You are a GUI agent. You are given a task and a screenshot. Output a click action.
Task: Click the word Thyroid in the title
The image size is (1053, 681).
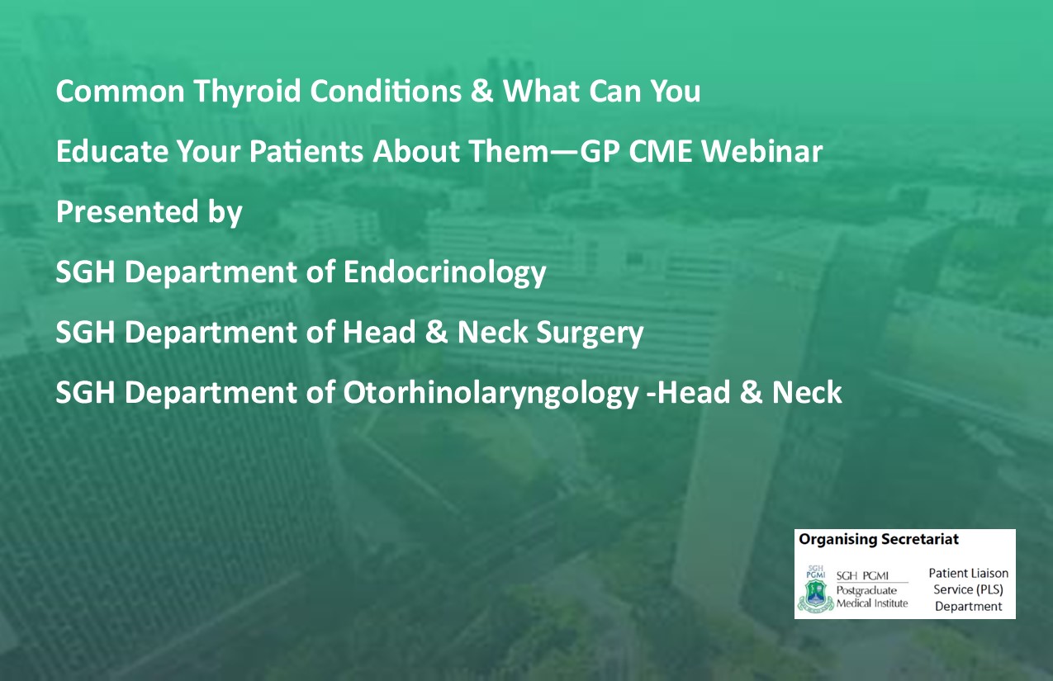pos(247,91)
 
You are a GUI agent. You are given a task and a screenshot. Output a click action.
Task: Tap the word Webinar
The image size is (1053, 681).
pos(762,151)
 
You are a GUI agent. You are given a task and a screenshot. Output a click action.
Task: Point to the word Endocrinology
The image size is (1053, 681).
pos(444,273)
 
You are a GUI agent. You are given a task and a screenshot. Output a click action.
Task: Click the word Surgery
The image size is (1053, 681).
pos(590,333)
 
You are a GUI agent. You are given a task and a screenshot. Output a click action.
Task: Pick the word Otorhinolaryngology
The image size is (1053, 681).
pos(491,394)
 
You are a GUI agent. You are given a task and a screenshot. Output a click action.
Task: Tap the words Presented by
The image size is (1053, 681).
pos(149,212)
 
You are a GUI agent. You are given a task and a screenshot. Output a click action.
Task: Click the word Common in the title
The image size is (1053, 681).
pos(121,91)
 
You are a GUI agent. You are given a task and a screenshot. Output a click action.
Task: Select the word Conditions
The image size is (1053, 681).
pos(386,91)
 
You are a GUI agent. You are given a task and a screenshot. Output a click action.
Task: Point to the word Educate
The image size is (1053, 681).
pos(112,151)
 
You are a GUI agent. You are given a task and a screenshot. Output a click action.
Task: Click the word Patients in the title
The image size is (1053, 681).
pos(306,151)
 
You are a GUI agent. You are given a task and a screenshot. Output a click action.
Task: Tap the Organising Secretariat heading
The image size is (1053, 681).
pos(879,539)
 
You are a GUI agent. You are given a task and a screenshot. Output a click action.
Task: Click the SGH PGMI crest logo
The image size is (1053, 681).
pos(816,589)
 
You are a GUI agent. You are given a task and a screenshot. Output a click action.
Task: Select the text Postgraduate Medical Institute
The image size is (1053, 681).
pos(872,597)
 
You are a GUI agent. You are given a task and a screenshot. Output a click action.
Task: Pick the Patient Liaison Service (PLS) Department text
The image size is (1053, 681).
pos(969,589)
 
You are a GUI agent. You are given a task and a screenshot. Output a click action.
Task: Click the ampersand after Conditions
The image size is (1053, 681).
pos(481,91)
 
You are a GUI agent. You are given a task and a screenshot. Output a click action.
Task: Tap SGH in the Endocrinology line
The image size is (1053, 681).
pos(86,272)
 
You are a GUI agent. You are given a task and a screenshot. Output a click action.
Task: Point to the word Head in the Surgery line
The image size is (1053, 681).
pos(379,333)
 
